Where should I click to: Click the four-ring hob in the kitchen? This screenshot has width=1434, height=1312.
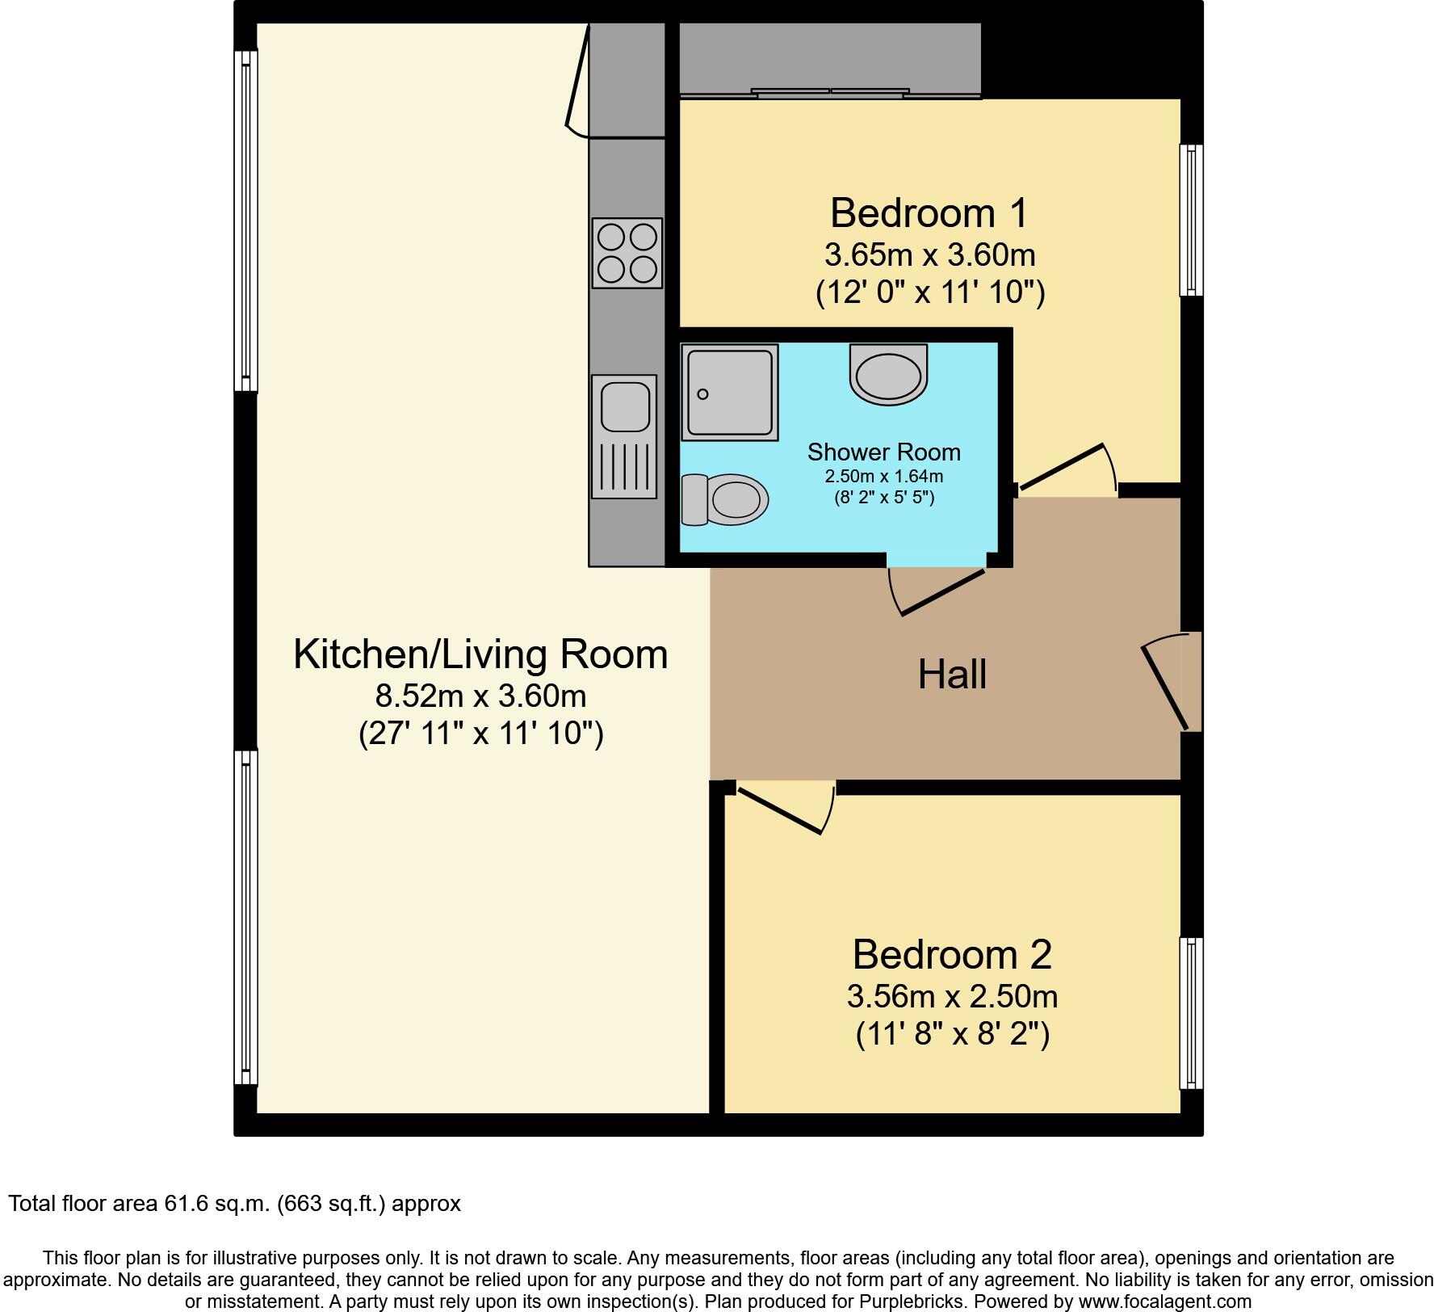coord(627,252)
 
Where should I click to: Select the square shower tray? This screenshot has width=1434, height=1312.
coord(729,393)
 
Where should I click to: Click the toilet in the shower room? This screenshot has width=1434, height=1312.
coord(724,499)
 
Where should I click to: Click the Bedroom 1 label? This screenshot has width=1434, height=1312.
coord(929,213)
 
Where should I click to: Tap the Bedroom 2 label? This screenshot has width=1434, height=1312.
coord(952,954)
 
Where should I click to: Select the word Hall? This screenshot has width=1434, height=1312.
coord(952,674)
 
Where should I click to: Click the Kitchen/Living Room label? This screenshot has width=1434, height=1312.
coord(480,654)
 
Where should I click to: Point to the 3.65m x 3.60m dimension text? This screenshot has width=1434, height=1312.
coord(929,255)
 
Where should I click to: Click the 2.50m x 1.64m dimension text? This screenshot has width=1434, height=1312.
coord(883,477)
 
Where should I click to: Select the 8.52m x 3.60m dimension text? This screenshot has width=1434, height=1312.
coord(480,695)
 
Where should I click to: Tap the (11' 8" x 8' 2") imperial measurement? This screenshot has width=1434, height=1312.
coord(952,1033)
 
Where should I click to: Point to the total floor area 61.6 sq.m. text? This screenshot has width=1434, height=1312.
coord(234,1204)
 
